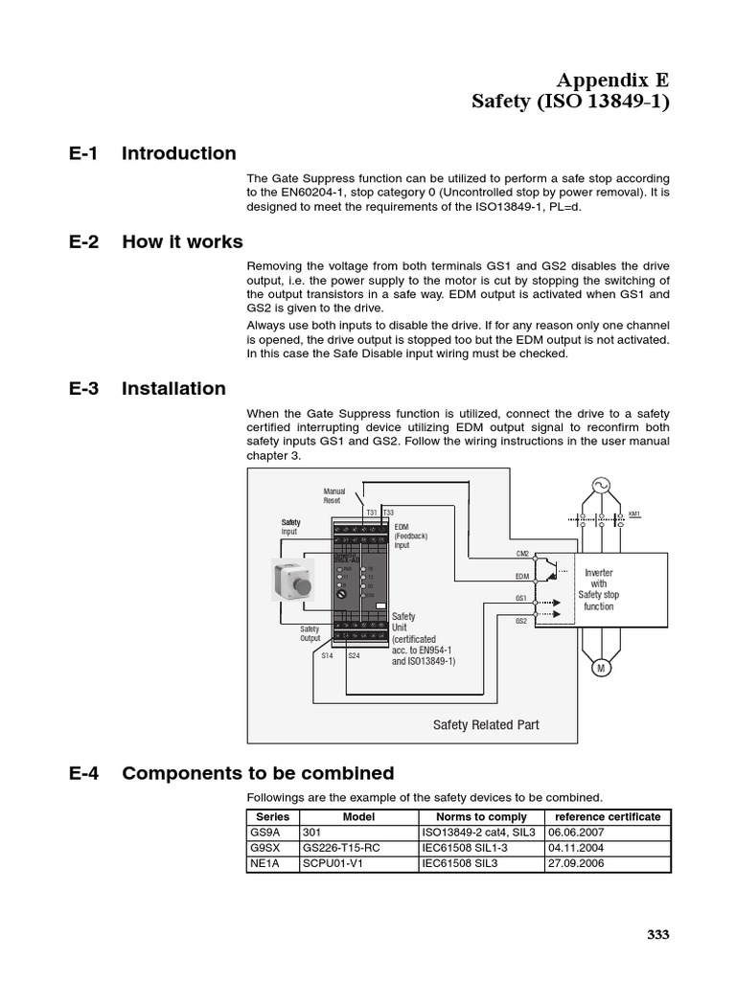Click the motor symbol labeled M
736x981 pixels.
[602, 669]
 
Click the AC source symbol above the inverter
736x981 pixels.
[602, 486]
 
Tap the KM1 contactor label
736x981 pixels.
[633, 514]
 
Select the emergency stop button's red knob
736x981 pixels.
[299, 583]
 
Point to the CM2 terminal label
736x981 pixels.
[522, 554]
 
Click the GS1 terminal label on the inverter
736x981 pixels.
[522, 597]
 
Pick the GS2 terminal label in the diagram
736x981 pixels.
[522, 621]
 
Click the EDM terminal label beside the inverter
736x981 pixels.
[522, 576]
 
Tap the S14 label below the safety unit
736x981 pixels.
[327, 655]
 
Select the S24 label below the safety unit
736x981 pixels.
[354, 655]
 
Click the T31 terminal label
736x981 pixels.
[371, 513]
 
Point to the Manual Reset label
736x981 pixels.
[333, 495]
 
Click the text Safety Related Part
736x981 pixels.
[486, 725]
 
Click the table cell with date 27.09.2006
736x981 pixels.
[575, 863]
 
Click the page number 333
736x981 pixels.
[657, 935]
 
